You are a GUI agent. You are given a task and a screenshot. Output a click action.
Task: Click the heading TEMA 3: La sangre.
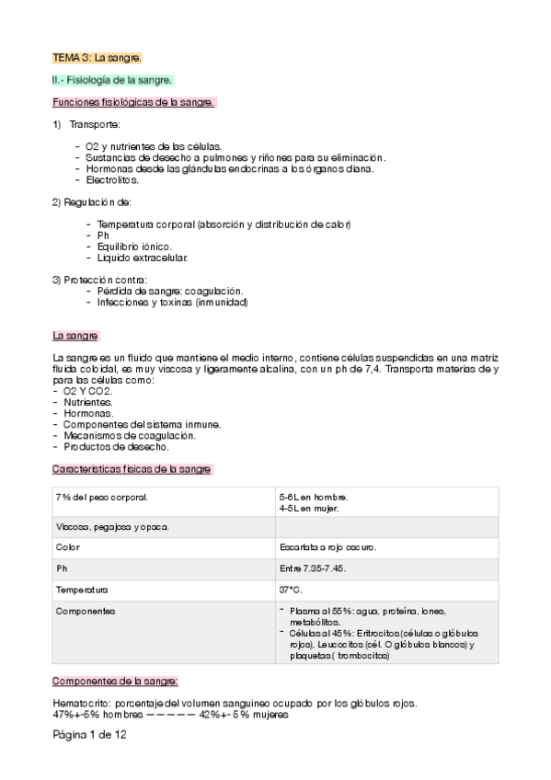[x=97, y=58]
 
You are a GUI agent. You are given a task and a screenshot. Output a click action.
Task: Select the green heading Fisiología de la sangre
[x=112, y=80]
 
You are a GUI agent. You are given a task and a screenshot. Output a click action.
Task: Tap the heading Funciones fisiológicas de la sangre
[x=132, y=102]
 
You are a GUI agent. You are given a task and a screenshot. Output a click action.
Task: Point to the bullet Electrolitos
[x=112, y=179]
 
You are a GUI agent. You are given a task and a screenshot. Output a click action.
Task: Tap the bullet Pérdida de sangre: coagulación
[x=163, y=291]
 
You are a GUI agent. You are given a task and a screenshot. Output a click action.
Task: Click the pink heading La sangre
[x=75, y=336]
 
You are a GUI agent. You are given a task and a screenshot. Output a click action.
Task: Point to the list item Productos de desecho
[x=116, y=446]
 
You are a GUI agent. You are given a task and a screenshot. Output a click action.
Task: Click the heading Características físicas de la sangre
[x=132, y=469]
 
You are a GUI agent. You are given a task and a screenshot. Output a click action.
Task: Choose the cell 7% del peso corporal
[x=102, y=497]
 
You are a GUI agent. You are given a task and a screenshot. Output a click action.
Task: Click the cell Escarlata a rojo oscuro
[x=327, y=546]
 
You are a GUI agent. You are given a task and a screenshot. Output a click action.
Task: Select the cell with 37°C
[x=293, y=589]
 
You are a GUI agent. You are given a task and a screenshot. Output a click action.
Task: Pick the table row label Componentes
[x=86, y=611]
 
